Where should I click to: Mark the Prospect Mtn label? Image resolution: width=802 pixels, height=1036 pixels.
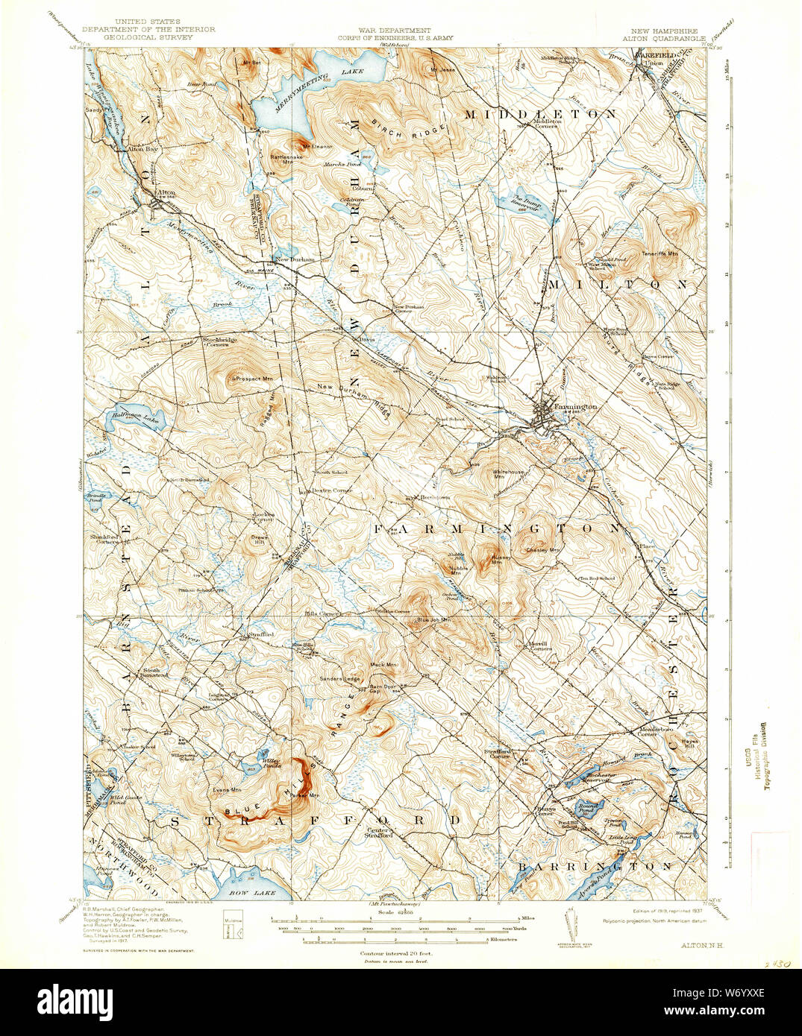(x=248, y=379)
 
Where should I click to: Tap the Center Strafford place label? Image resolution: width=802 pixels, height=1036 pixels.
(x=378, y=833)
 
